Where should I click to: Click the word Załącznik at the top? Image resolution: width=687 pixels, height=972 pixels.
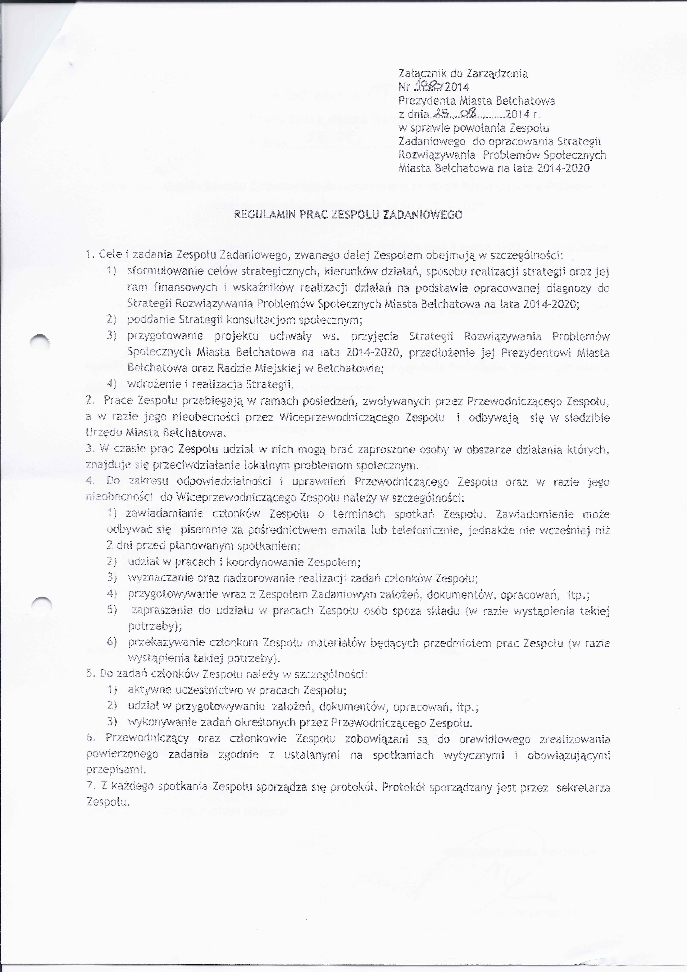point(419,74)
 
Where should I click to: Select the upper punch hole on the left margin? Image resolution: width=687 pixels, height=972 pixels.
point(41,341)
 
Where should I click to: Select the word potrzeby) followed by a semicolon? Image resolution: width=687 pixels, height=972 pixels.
point(150,626)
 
